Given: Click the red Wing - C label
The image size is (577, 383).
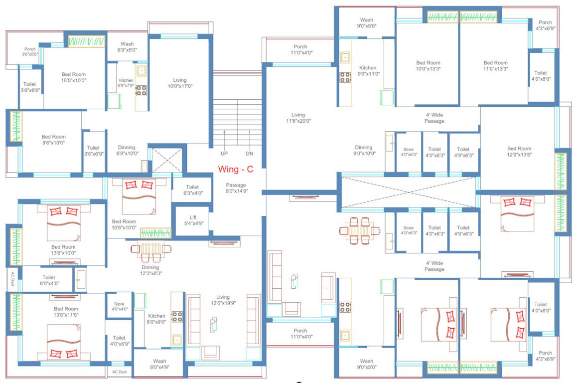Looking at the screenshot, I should click(235, 169).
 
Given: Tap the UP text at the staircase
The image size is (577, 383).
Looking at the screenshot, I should click(224, 154).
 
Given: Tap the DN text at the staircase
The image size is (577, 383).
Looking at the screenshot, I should click(250, 154).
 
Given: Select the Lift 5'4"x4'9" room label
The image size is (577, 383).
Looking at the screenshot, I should click(193, 220).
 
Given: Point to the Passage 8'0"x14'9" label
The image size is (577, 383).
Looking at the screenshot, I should click(236, 188).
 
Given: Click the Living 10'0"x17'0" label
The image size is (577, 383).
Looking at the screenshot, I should click(180, 83).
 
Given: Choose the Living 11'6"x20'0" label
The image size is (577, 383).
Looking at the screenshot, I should click(298, 118).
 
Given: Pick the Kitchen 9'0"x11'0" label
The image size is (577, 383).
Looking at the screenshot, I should click(368, 71).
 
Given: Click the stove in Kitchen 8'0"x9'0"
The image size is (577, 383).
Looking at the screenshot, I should click(177, 317).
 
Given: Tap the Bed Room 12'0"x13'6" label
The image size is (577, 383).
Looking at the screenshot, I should click(519, 151).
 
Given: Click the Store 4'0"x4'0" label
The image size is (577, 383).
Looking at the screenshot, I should click(119, 306).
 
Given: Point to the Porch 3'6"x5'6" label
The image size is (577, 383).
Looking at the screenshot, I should click(29, 51).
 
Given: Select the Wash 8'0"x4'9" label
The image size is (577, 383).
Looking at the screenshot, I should click(159, 364).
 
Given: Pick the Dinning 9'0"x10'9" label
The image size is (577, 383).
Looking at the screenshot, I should click(363, 150).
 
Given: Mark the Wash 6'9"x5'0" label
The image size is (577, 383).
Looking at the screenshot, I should click(127, 47).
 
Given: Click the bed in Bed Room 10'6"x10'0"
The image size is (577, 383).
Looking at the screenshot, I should click(139, 195).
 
